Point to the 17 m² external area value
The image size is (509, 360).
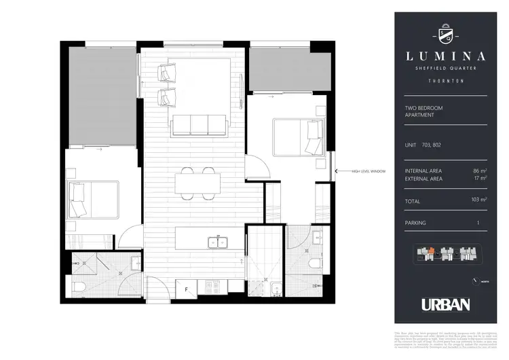tap(480, 179)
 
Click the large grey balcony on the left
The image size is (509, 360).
tap(101, 95)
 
